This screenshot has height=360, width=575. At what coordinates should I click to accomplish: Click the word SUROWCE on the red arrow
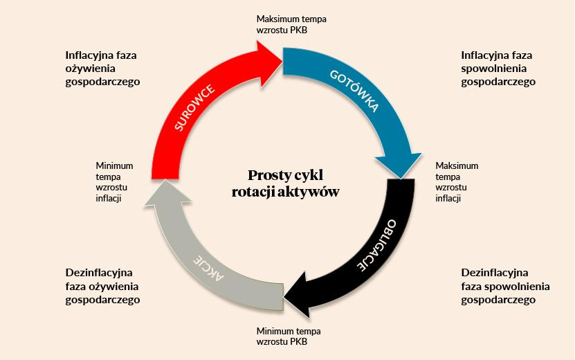point(194,107)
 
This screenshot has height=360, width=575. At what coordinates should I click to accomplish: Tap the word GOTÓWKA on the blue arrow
point(354,91)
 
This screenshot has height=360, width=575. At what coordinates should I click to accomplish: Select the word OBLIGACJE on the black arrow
point(376,246)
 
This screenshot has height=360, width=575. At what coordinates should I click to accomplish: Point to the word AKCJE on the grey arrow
point(208,268)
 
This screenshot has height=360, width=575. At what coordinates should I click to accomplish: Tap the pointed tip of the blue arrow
point(401,179)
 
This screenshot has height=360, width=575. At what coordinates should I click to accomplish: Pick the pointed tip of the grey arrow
point(166,180)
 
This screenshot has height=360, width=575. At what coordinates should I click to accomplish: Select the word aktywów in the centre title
point(308,192)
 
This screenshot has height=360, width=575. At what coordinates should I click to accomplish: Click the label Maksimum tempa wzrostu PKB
point(291,24)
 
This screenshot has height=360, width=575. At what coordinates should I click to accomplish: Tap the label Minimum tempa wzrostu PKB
point(289,336)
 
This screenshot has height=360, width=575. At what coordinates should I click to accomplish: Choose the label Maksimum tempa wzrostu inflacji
point(457,182)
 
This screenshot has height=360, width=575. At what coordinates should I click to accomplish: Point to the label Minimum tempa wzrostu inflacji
point(114,182)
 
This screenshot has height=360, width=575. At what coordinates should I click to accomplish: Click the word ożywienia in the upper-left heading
point(90,69)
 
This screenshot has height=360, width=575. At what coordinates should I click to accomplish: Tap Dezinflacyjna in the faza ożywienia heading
point(99,273)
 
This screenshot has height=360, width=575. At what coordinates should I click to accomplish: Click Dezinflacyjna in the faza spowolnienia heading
point(495,273)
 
